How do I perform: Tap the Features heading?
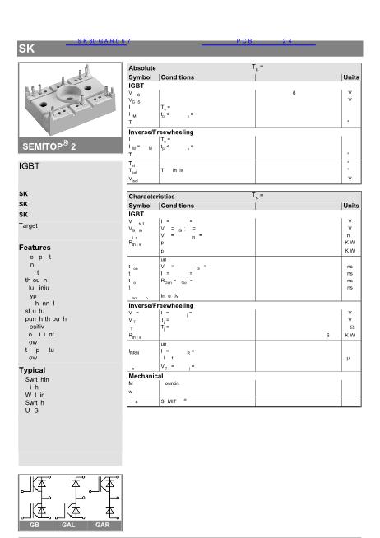tap(35, 247)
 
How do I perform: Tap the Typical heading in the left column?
tap(32, 370)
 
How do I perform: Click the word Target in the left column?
tap(28, 225)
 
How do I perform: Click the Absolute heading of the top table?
tap(142, 68)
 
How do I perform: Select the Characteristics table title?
tap(151, 197)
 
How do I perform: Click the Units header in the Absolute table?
tap(351, 77)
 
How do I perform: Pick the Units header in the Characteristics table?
tap(351, 206)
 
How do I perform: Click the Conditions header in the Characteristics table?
tap(178, 206)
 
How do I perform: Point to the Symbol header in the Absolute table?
tap(141, 77)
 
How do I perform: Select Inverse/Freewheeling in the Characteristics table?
tap(160, 305)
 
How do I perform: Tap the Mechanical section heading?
tap(146, 376)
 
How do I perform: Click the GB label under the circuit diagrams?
tap(35, 524)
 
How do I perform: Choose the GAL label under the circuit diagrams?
tap(69, 524)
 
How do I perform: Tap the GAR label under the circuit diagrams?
tap(103, 524)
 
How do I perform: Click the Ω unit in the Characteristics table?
tap(351, 327)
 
